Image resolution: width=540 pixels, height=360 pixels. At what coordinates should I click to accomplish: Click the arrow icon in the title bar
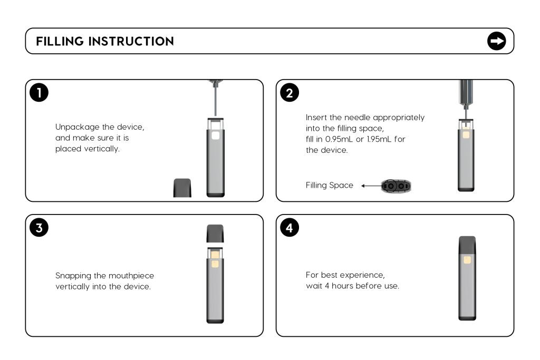pos(496,41)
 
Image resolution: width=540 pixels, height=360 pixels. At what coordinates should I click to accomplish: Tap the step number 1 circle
pos(39,93)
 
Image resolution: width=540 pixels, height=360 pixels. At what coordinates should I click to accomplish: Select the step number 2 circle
pos(290,93)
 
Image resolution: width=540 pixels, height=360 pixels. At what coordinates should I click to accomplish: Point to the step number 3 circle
pos(39,228)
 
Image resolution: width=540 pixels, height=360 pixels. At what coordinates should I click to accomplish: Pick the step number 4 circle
pos(290,228)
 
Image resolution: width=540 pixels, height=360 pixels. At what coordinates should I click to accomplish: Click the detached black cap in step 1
pos(182,188)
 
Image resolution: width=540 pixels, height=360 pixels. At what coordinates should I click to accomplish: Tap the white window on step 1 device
pos(215,135)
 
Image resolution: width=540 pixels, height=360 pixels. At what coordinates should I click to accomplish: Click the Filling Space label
pos(330,186)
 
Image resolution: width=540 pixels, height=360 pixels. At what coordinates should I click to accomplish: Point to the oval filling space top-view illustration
pos(396,186)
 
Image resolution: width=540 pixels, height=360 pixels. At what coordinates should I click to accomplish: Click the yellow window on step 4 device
pos(467,260)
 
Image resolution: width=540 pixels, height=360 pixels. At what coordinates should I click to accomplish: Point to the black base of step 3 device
pos(215,320)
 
